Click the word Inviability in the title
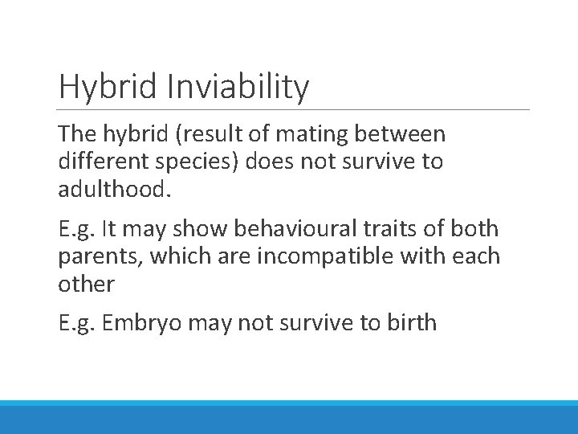tap(238, 87)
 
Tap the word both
tap(475, 229)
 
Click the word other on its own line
tap(86, 284)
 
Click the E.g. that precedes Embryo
tap(78, 323)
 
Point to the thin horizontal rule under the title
tap(294, 110)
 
